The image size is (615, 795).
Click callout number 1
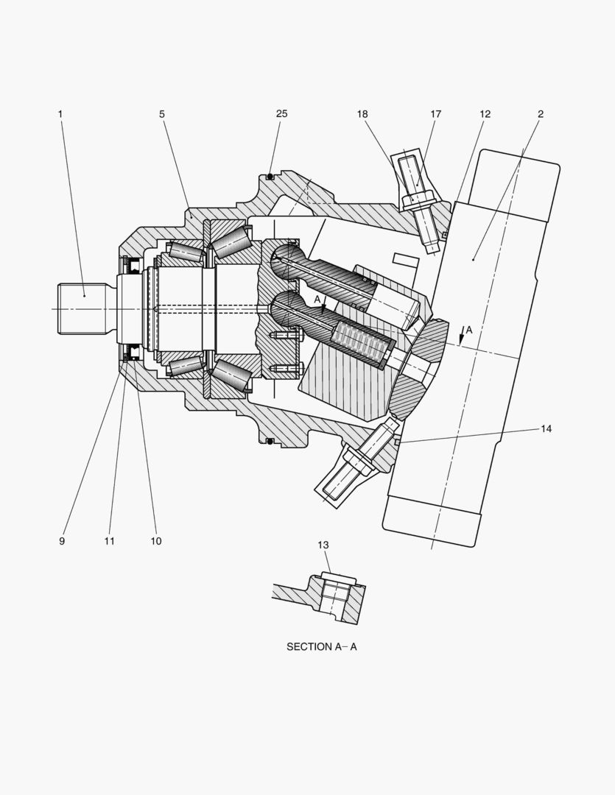tap(60, 114)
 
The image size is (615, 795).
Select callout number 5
tap(162, 114)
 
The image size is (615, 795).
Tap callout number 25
tap(281, 113)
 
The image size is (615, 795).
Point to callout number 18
tap(362, 114)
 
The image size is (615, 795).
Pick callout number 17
tap(436, 114)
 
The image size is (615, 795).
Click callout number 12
tap(485, 114)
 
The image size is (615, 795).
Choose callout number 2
tap(541, 114)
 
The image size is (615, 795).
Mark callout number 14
tap(546, 429)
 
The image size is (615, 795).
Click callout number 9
tap(62, 541)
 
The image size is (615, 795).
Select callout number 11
tap(110, 541)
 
